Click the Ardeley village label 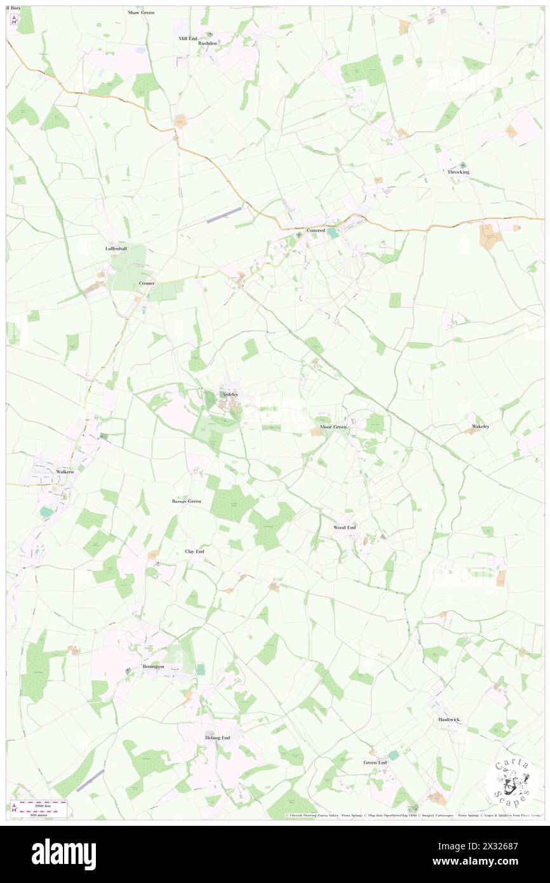click(229, 394)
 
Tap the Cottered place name click(316, 230)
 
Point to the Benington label click(152, 666)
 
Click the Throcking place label click(458, 172)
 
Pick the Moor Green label click(333, 427)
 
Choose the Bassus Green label click(186, 501)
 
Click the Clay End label click(194, 551)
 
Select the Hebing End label click(217, 738)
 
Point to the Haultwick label click(448, 719)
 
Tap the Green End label click(375, 762)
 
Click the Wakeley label click(480, 426)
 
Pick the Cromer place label click(147, 283)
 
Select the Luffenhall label click(116, 248)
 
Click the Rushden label click(208, 43)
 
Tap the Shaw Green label click(141, 12)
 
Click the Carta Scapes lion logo click(511, 783)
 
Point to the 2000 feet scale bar click(44, 804)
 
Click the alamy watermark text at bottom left click(64, 854)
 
